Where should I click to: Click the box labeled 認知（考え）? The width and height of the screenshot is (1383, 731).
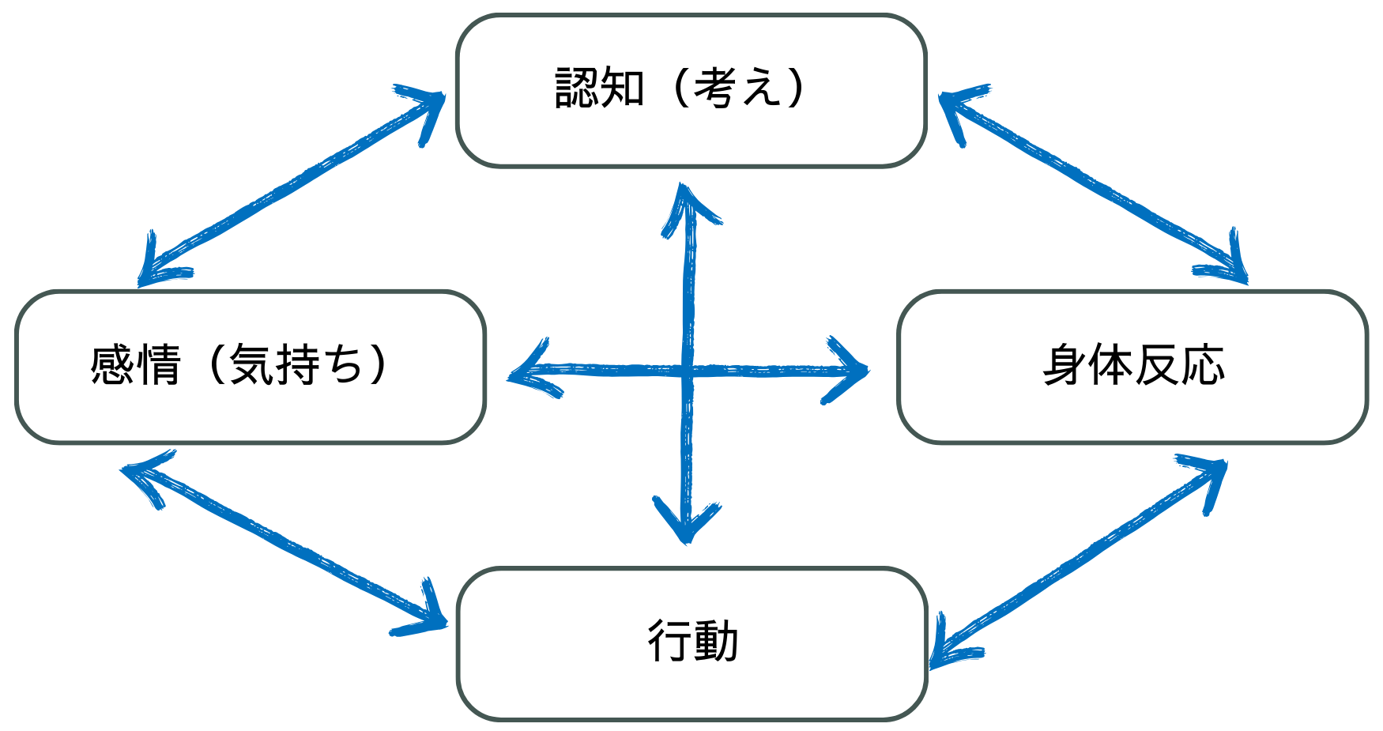[x=691, y=90]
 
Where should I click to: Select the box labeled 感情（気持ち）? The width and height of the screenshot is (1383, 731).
[x=250, y=367]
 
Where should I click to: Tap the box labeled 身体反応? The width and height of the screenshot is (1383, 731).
[x=1132, y=367]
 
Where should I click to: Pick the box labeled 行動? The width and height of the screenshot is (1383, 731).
[x=691, y=643]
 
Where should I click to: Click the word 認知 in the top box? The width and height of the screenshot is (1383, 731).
[x=600, y=87]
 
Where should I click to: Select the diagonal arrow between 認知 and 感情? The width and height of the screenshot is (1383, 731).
[x=292, y=185]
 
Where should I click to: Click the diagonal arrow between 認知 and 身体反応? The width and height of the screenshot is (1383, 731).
[x=1093, y=183]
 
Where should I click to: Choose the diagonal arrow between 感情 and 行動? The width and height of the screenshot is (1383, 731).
[x=284, y=544]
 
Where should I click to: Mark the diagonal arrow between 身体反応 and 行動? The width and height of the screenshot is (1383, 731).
[x=1078, y=562]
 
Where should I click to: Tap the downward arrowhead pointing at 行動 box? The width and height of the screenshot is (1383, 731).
[x=687, y=522]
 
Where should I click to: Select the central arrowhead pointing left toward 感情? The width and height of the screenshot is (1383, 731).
[x=534, y=370]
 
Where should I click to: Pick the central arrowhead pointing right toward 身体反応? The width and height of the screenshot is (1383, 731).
[x=846, y=370]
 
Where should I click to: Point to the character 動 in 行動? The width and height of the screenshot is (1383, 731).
[x=716, y=641]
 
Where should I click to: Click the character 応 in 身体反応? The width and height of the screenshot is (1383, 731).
[x=1203, y=365]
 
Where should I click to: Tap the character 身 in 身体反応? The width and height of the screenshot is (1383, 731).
[x=1064, y=365]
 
